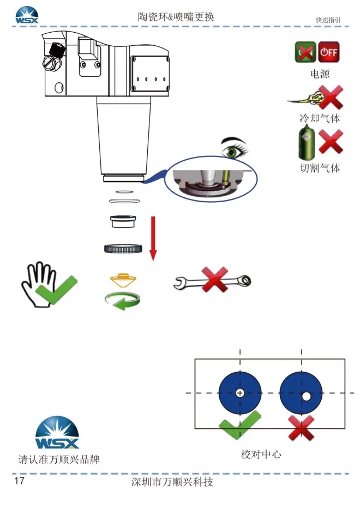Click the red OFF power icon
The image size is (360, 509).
pos(329,52)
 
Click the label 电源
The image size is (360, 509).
pos(320,74)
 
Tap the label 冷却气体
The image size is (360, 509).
pos(320,118)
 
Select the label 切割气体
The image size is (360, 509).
pos(320,168)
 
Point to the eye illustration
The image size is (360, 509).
pos(233,146)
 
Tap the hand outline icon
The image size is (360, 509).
pos(39,283)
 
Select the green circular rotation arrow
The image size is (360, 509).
pos(123,301)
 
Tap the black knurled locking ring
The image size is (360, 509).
pos(123,249)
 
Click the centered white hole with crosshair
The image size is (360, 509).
pos(240,393)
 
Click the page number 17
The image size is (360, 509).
pos(20,481)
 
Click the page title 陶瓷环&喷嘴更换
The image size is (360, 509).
pos(176,17)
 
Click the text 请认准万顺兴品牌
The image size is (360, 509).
pos(59,459)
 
